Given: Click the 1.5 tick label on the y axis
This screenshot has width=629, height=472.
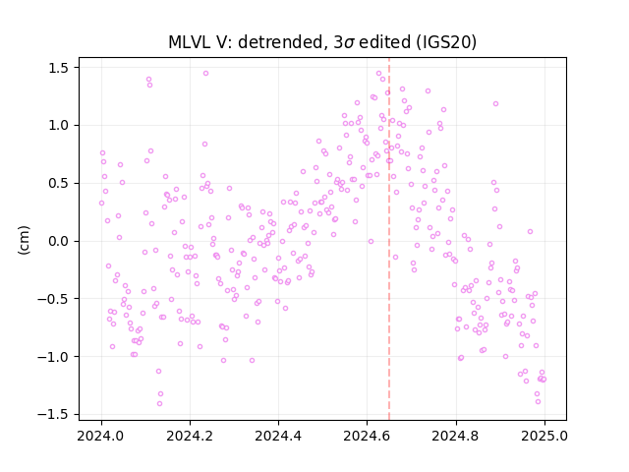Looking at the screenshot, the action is click(x=59, y=68).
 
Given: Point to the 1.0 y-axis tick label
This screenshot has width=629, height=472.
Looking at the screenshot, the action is click(x=59, y=126).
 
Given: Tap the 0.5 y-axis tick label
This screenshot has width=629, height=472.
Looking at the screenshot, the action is click(x=59, y=184).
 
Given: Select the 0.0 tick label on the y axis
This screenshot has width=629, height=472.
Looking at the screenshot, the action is click(x=59, y=241).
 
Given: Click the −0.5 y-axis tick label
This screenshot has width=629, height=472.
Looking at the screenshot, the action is click(x=53, y=299).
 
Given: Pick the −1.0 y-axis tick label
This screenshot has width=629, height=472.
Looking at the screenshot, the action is click(x=53, y=357).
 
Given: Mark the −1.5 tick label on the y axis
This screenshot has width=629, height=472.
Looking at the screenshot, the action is click(x=53, y=415).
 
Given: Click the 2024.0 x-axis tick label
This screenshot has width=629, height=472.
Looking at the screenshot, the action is click(x=101, y=436).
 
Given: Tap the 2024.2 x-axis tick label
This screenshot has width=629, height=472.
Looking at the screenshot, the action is click(x=190, y=436).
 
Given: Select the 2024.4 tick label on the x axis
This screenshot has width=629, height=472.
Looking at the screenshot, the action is click(x=278, y=436).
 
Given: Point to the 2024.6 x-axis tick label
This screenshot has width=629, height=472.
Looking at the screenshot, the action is click(x=367, y=436).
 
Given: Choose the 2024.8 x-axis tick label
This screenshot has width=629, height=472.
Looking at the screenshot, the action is click(x=456, y=436).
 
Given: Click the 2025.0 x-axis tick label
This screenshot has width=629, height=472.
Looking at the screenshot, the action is click(x=544, y=436).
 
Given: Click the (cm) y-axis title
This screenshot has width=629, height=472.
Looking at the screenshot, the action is click(x=24, y=240).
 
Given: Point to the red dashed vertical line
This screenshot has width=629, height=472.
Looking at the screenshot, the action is click(x=389, y=239).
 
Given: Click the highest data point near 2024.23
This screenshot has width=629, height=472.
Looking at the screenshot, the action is click(x=205, y=74).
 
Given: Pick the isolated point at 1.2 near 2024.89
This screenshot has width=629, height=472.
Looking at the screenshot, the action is click(x=495, y=104).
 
